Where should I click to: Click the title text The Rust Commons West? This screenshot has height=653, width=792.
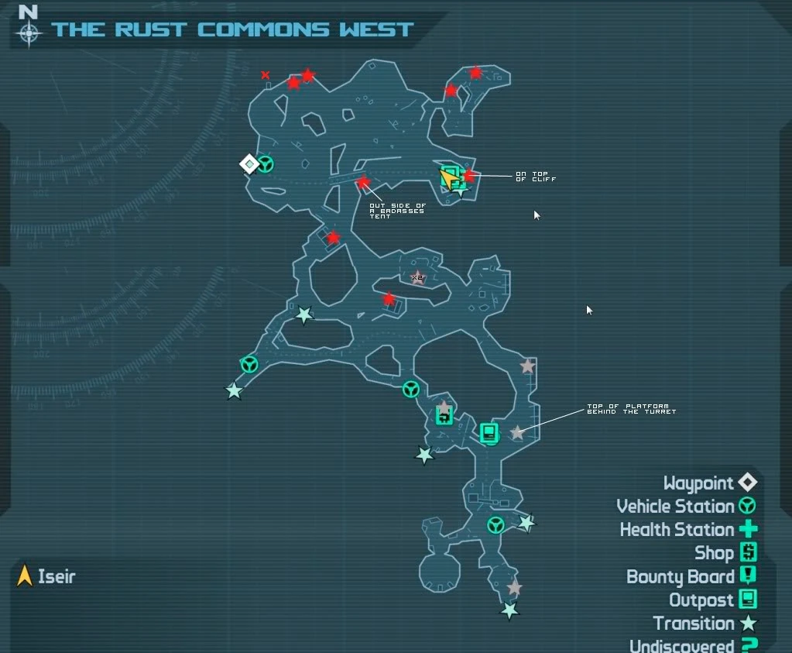232,30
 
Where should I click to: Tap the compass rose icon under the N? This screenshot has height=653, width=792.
29,33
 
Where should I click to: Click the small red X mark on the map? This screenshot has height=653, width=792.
266,75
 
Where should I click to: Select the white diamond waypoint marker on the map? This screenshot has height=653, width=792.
249,164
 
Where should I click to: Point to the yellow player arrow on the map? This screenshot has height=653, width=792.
448,179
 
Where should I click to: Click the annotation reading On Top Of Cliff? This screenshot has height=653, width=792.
536,177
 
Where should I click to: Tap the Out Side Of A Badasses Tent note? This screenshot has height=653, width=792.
397,211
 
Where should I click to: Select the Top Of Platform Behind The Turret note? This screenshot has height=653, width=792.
631,409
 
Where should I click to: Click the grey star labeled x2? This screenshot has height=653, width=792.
418,277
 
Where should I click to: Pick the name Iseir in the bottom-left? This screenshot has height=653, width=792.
57,576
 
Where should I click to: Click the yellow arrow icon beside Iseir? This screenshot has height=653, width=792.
25,576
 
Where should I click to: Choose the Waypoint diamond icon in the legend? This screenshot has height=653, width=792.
747,483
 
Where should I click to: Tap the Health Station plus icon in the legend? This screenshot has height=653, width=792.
748,530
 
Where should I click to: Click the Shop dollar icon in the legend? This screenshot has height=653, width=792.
748,552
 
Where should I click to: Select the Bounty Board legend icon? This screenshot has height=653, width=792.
748,576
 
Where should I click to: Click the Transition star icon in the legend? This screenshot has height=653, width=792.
748,623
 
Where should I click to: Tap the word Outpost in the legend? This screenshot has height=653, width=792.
701,600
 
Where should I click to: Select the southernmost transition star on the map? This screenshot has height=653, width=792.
509,611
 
